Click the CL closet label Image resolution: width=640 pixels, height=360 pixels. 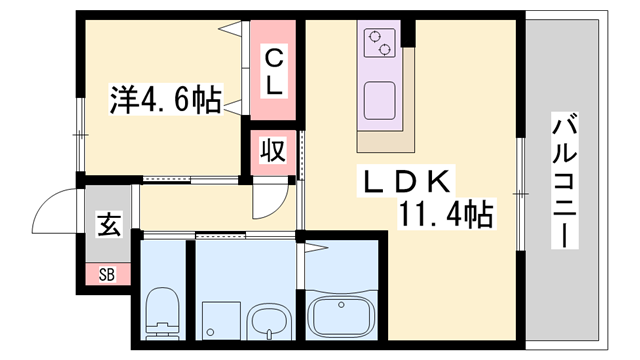[x=273, y=72]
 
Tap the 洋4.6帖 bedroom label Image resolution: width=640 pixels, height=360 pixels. [x=165, y=101]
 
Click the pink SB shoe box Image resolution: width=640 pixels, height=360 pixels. [x=106, y=272]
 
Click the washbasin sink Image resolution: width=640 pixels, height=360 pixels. [x=267, y=322]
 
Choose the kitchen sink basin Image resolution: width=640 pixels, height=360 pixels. [x=381, y=100]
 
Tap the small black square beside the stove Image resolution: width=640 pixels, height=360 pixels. [x=407, y=39]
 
